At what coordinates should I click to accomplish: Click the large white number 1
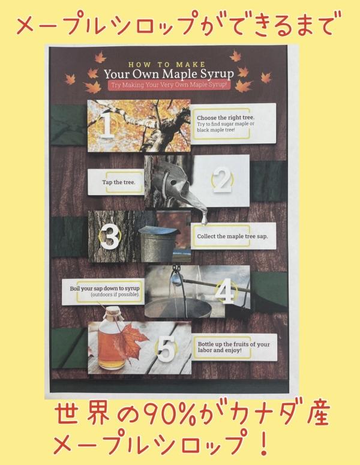[106, 124]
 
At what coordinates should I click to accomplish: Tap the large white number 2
[222, 180]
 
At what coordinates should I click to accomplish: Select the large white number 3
[109, 236]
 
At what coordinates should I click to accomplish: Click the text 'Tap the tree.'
[119, 182]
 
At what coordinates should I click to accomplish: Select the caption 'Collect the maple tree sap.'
[232, 236]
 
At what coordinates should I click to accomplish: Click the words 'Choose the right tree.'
[226, 118]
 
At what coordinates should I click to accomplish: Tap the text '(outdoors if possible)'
[115, 295]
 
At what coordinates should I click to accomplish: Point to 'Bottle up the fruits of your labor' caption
[233, 347]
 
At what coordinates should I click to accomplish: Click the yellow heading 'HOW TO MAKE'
[167, 65]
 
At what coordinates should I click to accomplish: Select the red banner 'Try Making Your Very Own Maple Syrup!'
[169, 85]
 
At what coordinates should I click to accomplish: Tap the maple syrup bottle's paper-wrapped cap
[114, 313]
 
